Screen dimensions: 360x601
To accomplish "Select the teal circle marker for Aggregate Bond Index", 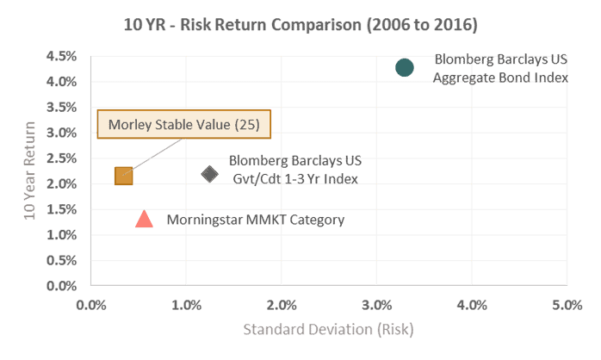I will tap(405, 67).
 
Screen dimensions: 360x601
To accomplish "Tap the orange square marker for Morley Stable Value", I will tap(124, 176).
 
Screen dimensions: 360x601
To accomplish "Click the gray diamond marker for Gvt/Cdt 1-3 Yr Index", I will tap(209, 174).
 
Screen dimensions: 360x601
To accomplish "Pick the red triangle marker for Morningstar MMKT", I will tap(145, 220).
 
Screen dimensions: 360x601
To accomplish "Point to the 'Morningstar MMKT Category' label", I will tap(255, 220).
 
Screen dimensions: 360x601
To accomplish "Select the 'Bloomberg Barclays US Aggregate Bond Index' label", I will tap(500, 70).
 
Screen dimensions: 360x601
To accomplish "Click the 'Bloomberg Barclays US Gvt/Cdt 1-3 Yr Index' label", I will tap(294, 170).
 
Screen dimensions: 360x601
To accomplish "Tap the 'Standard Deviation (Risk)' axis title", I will tap(328, 328).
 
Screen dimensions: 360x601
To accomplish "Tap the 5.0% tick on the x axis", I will tap(567, 304).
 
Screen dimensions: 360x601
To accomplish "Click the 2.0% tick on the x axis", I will tap(282, 304).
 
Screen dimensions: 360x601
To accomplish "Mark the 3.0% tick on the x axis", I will tap(376, 304).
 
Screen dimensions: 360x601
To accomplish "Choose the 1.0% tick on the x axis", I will tap(186, 304).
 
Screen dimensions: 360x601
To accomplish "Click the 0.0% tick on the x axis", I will tap(91, 304).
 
